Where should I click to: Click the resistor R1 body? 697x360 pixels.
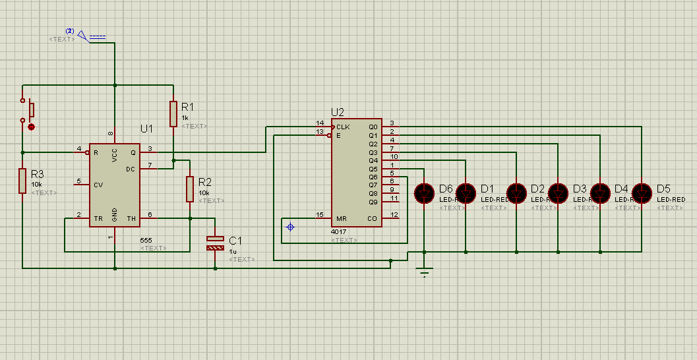173,113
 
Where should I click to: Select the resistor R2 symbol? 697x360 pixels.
190,188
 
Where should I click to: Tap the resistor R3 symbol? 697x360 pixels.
22,181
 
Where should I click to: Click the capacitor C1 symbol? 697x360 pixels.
215,243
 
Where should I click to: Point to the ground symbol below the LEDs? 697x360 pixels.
424,271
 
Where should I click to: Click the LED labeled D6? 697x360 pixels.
424,193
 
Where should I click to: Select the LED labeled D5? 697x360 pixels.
641,193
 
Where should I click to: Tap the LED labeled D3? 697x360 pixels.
559,193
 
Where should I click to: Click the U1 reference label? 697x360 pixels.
146,128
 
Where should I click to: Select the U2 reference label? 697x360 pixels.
337,112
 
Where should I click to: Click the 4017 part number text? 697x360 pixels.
339,232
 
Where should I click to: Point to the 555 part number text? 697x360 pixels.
146,240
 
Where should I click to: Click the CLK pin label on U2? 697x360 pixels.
343,127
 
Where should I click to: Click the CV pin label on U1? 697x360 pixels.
98,184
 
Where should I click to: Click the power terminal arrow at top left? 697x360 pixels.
83,35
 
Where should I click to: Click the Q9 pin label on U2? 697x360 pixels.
373,201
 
